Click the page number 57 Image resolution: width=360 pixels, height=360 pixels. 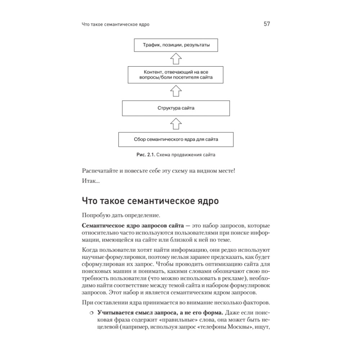click(x=267, y=24)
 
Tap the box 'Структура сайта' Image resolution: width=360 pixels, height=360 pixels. click(x=176, y=108)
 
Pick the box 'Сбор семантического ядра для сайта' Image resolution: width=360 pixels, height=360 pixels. click(x=176, y=139)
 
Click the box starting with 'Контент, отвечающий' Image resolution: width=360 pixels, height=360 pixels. click(x=176, y=75)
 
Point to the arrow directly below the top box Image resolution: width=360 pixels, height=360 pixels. click(x=176, y=59)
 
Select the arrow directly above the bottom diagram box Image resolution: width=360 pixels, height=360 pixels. click(x=176, y=123)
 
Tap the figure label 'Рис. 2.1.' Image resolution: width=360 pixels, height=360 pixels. click(x=145, y=155)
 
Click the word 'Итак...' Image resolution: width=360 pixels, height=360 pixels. click(x=91, y=181)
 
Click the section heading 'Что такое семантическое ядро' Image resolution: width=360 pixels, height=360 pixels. click(x=150, y=201)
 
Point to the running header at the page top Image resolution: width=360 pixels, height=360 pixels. click(x=116, y=25)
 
